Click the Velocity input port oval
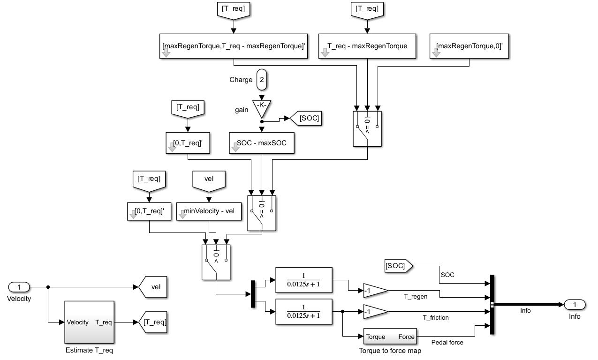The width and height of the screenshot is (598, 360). tap(19, 287)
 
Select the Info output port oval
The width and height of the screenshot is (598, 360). tap(575, 305)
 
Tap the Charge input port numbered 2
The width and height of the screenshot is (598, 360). tap(262, 80)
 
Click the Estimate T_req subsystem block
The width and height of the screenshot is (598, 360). tap(90, 322)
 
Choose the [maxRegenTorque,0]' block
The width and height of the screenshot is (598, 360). tap(469, 46)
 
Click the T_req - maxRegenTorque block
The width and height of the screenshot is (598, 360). tap(367, 46)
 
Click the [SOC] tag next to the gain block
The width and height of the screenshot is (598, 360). tap(306, 118)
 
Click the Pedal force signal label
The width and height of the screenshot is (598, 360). tap(447, 343)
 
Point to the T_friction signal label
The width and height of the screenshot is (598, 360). tap(436, 318)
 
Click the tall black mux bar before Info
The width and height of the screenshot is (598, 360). tap(492, 305)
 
